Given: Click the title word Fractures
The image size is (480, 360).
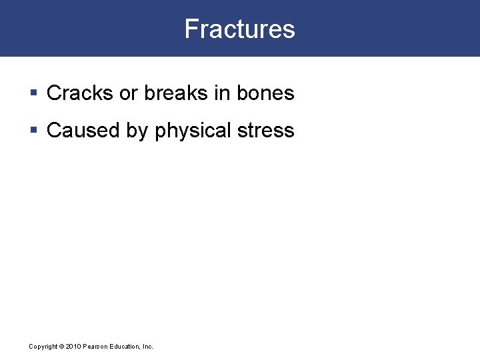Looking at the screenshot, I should coord(239,29).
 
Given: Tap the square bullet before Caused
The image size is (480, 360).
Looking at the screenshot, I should coord(33,131).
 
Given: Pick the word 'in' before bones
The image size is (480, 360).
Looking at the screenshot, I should coord(222,93).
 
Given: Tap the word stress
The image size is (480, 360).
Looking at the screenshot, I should coord(267,131).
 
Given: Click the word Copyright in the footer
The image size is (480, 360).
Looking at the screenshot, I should coord(43,347).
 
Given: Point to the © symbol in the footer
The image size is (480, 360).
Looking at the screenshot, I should coord(61,347).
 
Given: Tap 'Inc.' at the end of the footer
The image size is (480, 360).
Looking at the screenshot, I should coord(147,347).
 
